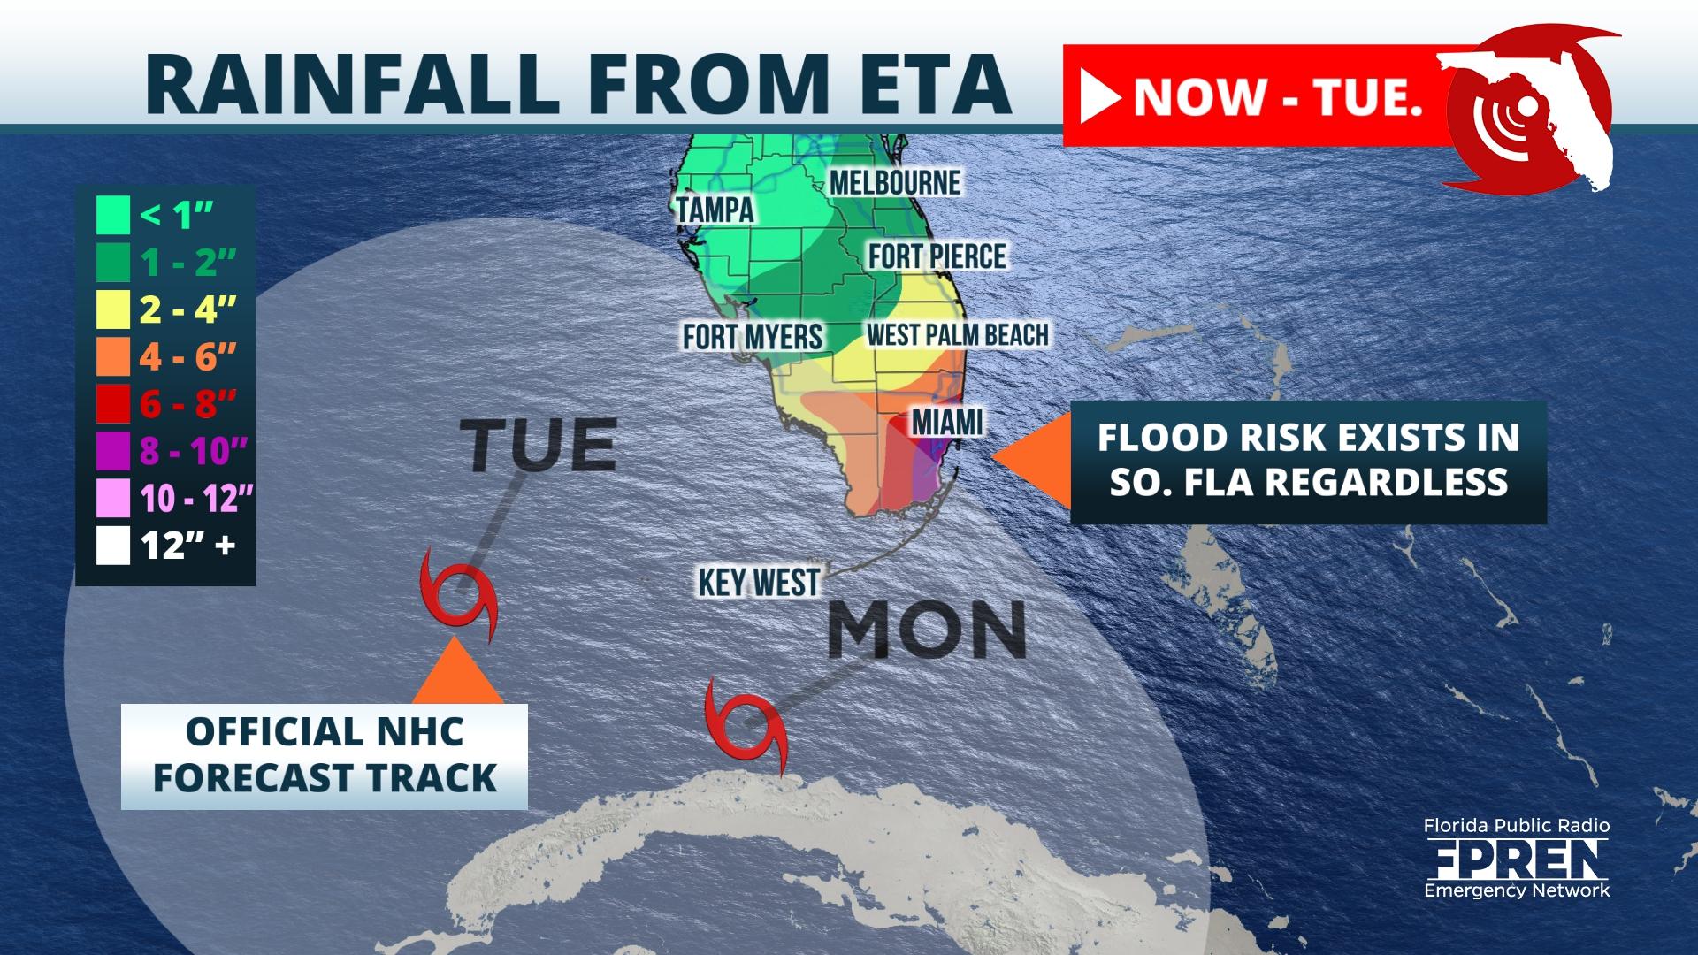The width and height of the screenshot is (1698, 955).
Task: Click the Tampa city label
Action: click(715, 210)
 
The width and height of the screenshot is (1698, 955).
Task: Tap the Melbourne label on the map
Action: click(895, 183)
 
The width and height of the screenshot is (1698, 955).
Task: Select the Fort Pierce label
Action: click(937, 256)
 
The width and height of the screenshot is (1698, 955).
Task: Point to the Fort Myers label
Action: click(753, 336)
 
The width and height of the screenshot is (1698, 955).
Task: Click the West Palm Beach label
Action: click(957, 335)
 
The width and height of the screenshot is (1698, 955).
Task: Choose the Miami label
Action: click(947, 422)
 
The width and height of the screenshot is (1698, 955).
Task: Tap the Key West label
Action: click(759, 583)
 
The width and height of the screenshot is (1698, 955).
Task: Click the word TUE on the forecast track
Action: click(538, 445)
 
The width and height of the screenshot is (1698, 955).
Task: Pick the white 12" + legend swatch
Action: click(113, 546)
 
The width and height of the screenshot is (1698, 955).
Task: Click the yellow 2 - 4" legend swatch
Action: click(113, 309)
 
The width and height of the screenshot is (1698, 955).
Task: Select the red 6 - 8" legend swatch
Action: click(113, 404)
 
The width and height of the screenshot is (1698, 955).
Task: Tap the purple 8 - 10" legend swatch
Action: click(113, 451)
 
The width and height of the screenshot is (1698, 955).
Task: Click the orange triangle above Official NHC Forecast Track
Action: click(456, 674)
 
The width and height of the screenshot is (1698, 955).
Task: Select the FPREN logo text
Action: click(1516, 859)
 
